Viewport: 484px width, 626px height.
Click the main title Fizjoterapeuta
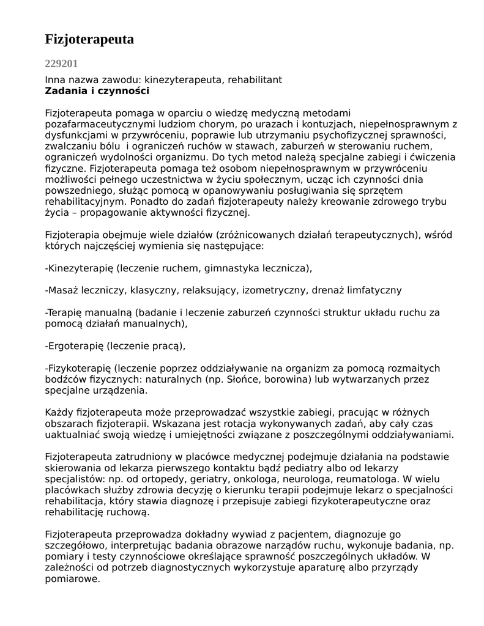(x=89, y=40)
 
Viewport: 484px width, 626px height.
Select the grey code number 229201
(x=61, y=63)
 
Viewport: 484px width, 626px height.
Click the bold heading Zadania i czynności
(x=97, y=91)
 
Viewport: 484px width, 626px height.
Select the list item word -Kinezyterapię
(x=80, y=268)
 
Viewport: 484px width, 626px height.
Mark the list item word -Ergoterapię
(x=74, y=346)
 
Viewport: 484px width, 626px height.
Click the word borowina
(x=291, y=379)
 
